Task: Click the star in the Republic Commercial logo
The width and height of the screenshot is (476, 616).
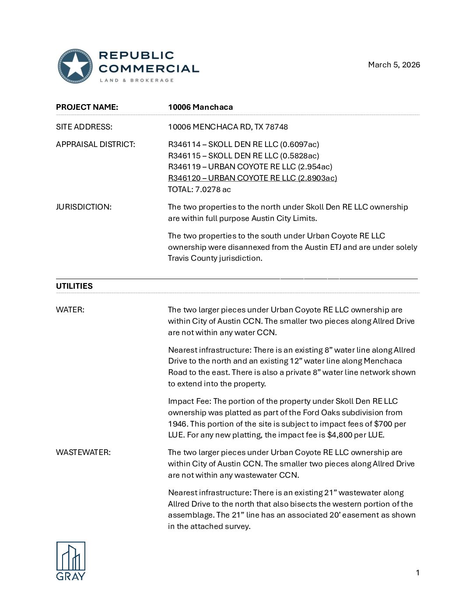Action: [75, 66]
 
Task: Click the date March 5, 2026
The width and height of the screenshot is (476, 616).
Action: [394, 65]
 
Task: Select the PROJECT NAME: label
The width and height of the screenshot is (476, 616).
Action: [87, 107]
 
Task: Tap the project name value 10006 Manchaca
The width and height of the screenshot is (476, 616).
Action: [200, 107]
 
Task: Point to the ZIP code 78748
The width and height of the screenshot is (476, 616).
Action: [276, 127]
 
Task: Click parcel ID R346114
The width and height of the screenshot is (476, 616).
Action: [184, 144]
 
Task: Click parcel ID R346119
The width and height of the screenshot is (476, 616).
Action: [184, 167]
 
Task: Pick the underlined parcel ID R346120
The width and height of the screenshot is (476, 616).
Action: [184, 178]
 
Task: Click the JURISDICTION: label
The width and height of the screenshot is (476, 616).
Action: [84, 207]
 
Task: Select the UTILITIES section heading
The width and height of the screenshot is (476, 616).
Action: [74, 286]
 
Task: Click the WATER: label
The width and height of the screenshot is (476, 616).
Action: [70, 310]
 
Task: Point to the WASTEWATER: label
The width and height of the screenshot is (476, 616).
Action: [83, 452]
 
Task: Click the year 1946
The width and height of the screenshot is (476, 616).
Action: [178, 424]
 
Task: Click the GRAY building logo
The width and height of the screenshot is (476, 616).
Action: [71, 561]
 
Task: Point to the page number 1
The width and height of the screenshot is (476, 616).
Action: [418, 573]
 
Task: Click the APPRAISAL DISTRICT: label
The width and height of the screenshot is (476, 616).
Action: [95, 144]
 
